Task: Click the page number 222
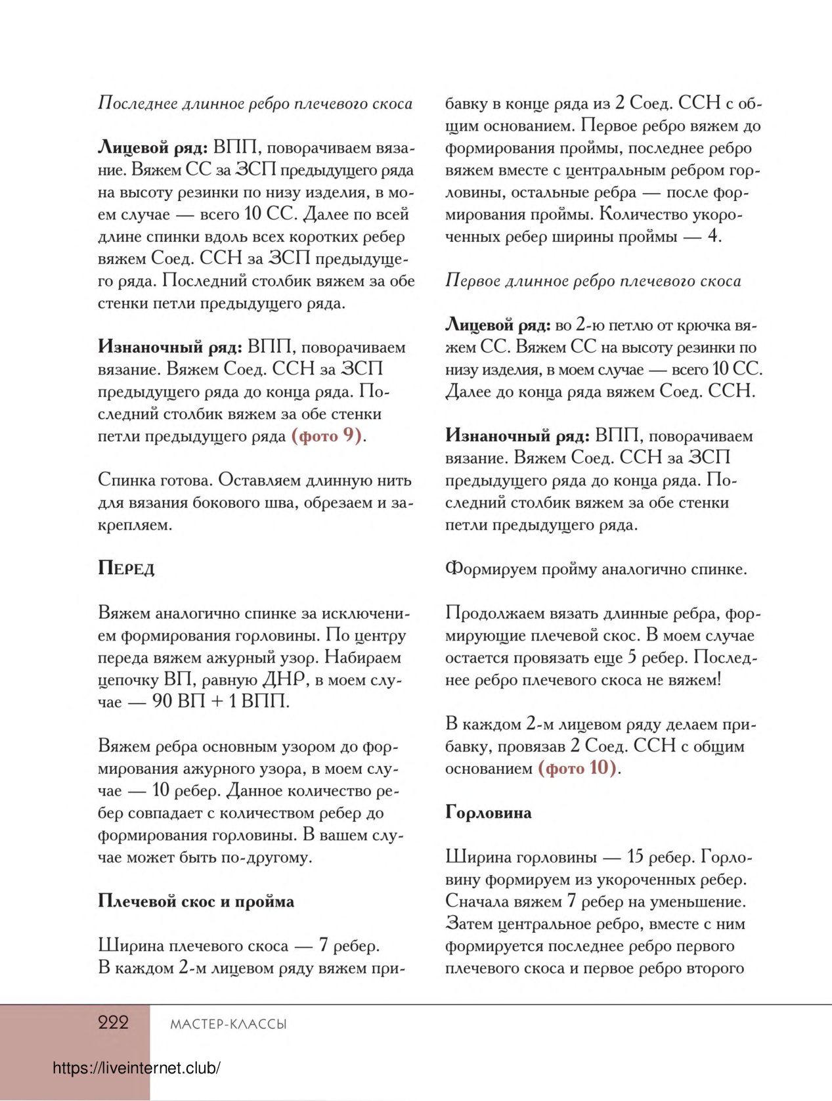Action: click(113, 1022)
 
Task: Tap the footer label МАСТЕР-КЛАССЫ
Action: click(228, 1024)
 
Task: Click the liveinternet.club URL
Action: click(136, 1068)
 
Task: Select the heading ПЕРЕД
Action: click(126, 568)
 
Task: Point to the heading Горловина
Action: click(488, 813)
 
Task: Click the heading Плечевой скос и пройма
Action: click(196, 901)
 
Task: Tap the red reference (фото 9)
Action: click(326, 436)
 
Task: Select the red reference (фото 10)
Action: click(577, 768)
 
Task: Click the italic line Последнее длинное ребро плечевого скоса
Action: click(255, 104)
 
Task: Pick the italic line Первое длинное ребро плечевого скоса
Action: click(592, 281)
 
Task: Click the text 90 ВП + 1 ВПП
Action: click(221, 702)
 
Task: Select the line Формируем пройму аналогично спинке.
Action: click(596, 569)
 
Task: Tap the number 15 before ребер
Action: click(635, 857)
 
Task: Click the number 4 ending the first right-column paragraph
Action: click(713, 236)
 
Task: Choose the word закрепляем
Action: click(134, 525)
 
